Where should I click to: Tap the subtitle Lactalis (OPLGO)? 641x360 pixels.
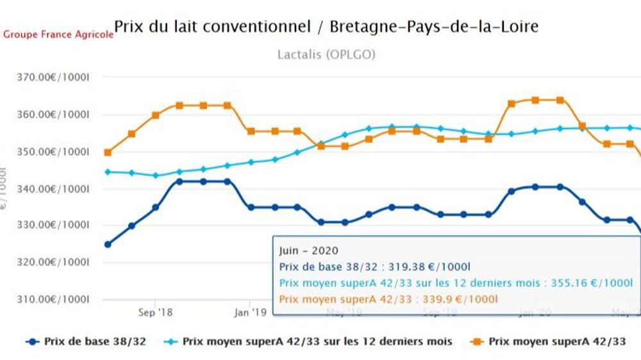326,54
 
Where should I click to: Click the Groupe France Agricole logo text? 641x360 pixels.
58,35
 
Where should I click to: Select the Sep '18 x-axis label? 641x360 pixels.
155,313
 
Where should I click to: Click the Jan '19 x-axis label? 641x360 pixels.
249,313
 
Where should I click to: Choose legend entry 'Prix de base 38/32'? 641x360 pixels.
87,342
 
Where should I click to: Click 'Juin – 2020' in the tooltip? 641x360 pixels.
309,251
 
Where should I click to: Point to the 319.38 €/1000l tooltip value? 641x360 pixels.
435,267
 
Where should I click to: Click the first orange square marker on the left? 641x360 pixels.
108,152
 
